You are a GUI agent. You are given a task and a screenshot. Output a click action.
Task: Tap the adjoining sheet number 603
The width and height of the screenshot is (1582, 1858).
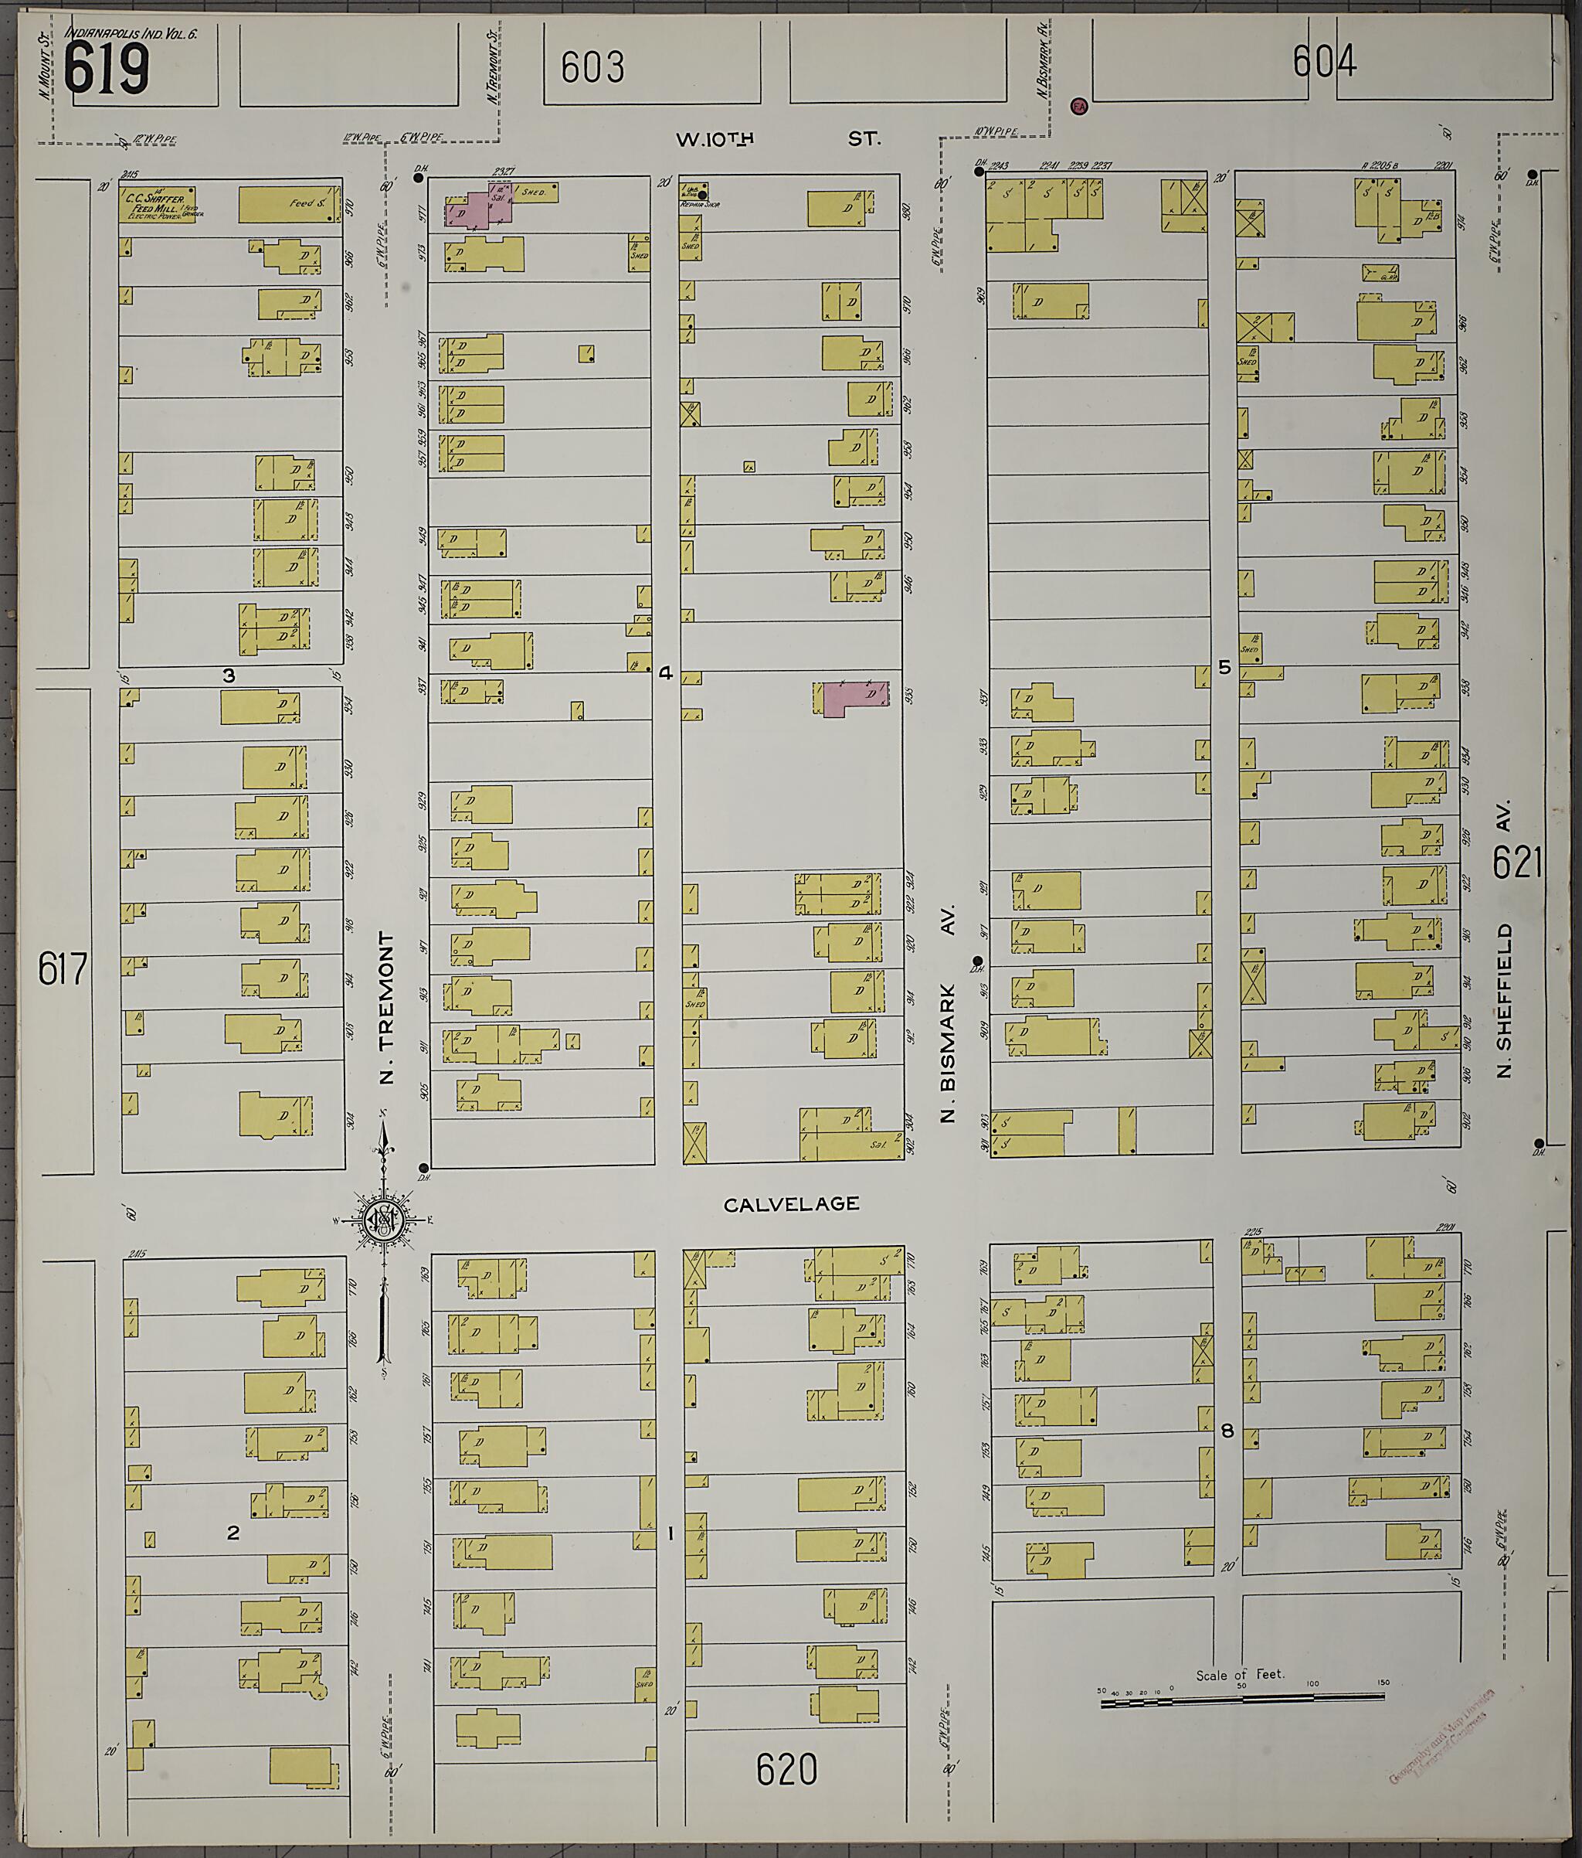(592, 67)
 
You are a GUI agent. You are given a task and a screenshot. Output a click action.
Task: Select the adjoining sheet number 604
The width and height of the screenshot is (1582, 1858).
(1324, 61)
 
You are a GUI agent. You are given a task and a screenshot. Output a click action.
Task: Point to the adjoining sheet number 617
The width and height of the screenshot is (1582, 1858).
(62, 969)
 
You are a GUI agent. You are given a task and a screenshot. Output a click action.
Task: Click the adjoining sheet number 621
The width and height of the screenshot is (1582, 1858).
(1516, 863)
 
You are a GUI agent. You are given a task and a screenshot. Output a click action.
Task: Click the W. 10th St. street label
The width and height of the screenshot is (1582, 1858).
(778, 139)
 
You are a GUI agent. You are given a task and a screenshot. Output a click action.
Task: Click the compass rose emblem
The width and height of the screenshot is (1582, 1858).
(382, 1219)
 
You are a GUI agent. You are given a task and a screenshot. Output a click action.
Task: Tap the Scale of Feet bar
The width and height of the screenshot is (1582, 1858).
(1241, 1696)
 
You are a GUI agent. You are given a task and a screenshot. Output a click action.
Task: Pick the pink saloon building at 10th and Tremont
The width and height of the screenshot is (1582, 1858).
(480, 208)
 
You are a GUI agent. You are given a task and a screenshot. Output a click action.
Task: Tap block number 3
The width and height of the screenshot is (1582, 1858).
(229, 676)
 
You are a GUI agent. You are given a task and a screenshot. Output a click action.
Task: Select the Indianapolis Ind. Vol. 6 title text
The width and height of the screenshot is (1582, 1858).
(130, 34)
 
